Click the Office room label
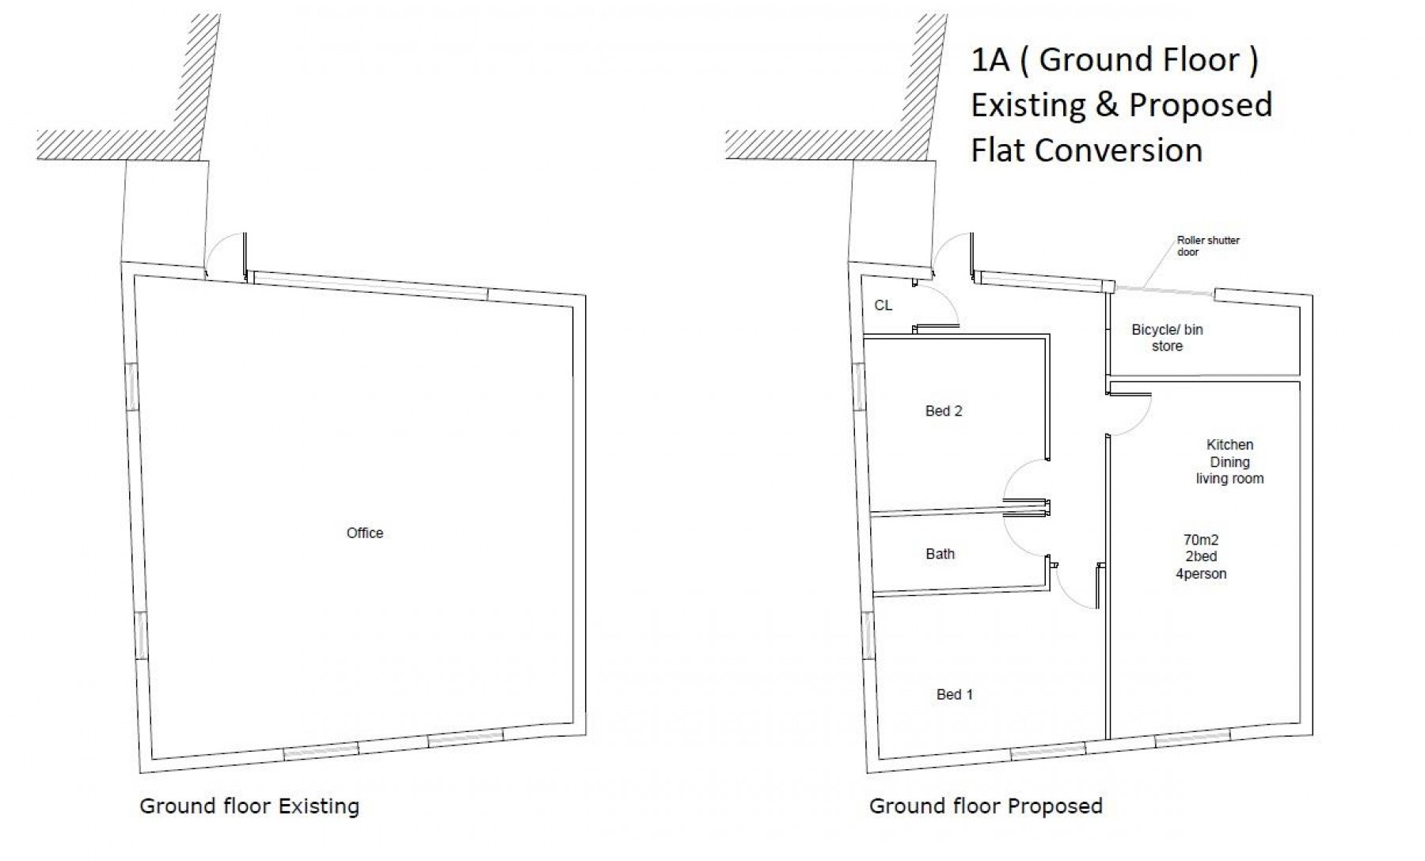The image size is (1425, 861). pyautogui.click(x=364, y=533)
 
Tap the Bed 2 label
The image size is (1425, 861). pyautogui.click(x=944, y=411)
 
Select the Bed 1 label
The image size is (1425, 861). pyautogui.click(x=954, y=694)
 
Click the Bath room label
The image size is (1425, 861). pyautogui.click(x=940, y=554)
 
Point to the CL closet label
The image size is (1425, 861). pyautogui.click(x=883, y=305)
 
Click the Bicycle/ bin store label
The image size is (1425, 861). pyautogui.click(x=1167, y=338)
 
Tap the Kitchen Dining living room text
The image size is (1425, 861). pyautogui.click(x=1229, y=461)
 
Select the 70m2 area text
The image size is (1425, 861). pyautogui.click(x=1200, y=540)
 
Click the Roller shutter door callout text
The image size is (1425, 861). pyautogui.click(x=1208, y=246)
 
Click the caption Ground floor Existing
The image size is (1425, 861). pyautogui.click(x=249, y=806)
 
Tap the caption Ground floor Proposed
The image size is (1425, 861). pyautogui.click(x=986, y=806)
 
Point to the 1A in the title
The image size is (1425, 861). pyautogui.click(x=990, y=60)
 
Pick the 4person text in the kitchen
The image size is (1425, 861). pyautogui.click(x=1200, y=574)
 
